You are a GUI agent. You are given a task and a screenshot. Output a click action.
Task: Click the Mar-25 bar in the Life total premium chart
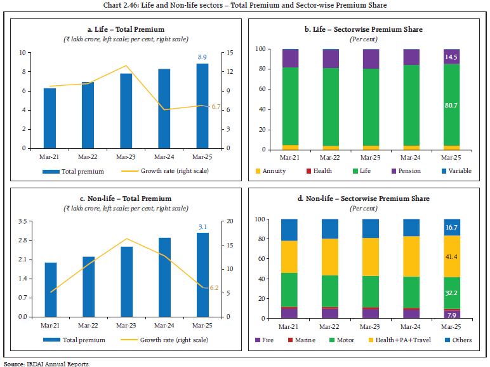(x=202, y=106)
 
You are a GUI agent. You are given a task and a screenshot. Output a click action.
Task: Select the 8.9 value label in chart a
(x=202, y=57)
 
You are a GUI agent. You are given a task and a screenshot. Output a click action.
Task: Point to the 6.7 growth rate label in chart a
(x=216, y=107)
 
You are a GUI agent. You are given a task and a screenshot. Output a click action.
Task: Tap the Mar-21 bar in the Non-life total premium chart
(x=50, y=289)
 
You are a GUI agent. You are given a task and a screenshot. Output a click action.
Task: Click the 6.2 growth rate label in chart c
(x=215, y=288)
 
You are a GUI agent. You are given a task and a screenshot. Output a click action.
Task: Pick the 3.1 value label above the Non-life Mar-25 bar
(x=202, y=226)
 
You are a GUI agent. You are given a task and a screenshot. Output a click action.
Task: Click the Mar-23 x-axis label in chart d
(x=371, y=326)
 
